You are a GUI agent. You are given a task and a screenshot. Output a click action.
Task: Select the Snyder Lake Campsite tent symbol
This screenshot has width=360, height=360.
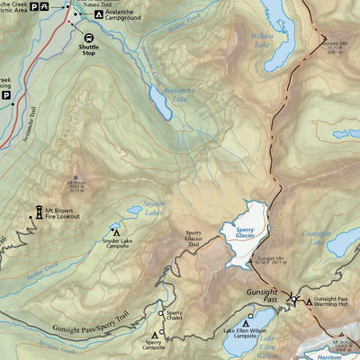click(116, 230)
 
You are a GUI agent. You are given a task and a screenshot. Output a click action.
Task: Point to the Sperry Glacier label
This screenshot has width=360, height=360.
click(246, 232)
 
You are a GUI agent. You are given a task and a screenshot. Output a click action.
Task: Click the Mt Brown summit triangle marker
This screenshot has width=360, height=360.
click(76, 177)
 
